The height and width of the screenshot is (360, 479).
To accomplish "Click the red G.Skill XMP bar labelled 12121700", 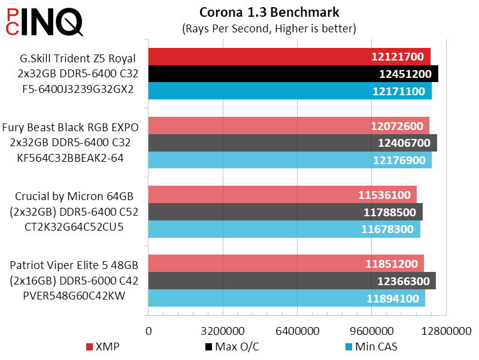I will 251,57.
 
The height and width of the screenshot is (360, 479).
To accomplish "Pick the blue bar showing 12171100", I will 251,91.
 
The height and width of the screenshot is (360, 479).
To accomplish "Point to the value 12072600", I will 397,126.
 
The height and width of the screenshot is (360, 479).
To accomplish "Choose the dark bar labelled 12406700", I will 251,143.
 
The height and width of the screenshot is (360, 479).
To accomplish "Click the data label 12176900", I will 398,160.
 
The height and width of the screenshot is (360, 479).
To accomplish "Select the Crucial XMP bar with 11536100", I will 251,195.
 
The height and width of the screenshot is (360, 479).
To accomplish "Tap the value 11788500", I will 390,212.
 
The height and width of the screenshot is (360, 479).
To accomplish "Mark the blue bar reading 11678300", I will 251,229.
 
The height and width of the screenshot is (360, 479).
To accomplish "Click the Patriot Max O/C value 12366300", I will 404,281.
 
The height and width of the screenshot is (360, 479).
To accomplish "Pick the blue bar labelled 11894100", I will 251,298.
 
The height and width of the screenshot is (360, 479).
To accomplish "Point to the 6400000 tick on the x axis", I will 297,331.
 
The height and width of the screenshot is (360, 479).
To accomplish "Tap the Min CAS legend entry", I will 371,346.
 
